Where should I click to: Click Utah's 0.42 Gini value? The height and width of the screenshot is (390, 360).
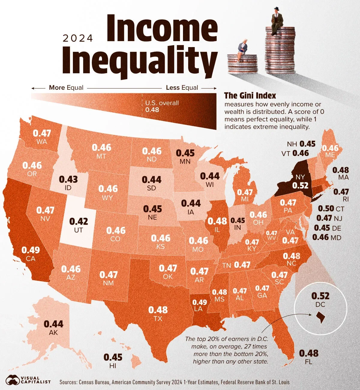[79, 221]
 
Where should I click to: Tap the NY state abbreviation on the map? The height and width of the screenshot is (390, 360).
[300, 177]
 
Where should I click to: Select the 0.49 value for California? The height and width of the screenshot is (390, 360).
[31, 250]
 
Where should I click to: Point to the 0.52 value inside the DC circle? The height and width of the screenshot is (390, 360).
[320, 296]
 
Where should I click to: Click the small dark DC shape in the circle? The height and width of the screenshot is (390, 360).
[320, 317]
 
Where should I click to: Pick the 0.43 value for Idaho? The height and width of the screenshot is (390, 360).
[68, 179]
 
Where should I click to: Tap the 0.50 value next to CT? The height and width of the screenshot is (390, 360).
[326, 208]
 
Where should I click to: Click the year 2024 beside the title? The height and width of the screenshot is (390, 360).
[78, 38]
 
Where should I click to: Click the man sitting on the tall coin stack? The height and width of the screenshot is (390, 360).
[277, 19]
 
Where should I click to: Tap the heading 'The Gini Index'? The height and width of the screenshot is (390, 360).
[250, 96]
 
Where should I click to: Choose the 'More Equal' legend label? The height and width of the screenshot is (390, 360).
[66, 88]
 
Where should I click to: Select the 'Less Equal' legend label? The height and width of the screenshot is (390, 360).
[182, 88]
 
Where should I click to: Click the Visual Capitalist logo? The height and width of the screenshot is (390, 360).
[28, 380]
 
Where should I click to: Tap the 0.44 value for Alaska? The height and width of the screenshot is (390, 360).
[54, 324]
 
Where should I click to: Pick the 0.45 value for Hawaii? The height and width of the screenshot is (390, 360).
[113, 357]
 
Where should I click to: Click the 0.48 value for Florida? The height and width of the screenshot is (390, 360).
[309, 353]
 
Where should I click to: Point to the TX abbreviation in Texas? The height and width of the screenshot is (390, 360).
[158, 319]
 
